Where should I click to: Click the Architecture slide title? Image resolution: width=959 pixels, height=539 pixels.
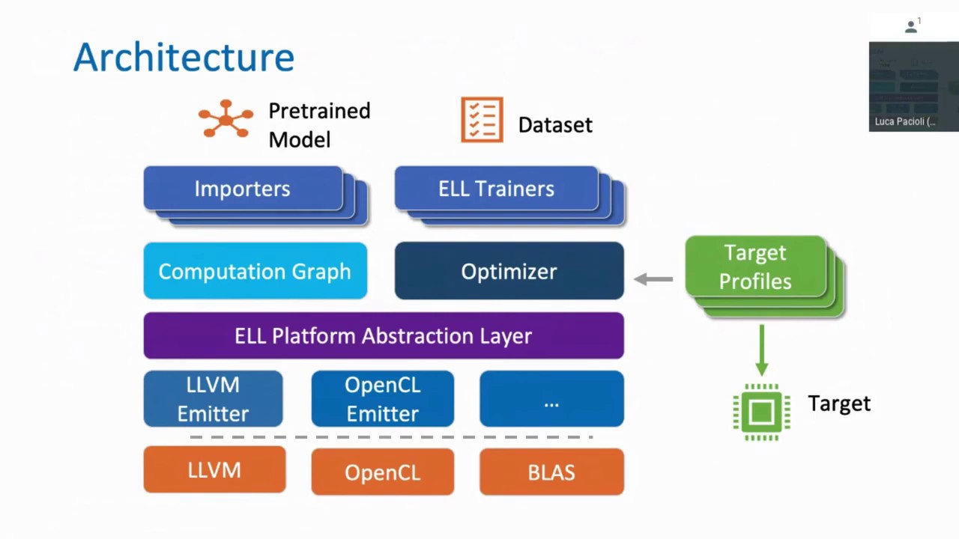tap(184, 58)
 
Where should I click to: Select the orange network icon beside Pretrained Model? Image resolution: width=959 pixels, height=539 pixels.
tap(226, 119)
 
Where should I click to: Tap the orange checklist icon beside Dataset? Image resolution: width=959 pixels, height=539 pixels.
tap(482, 120)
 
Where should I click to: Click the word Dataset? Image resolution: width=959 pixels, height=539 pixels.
tap(554, 125)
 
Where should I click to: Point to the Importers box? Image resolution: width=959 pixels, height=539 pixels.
tap(243, 189)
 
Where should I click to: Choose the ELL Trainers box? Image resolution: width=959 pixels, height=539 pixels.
tap(496, 189)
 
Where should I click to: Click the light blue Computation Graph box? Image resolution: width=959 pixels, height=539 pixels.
tap(255, 271)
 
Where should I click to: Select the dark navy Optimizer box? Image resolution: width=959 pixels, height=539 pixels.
tap(509, 271)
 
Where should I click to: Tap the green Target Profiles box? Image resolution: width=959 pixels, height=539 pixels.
tap(755, 267)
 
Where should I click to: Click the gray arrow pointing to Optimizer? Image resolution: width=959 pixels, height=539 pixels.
tap(653, 279)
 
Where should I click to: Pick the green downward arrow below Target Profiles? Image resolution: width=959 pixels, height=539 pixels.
tap(761, 350)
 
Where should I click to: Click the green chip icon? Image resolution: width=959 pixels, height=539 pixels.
tap(761, 412)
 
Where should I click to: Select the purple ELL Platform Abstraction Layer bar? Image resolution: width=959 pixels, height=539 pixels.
tap(383, 335)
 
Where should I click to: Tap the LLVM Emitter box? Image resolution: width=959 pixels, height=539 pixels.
tap(213, 399)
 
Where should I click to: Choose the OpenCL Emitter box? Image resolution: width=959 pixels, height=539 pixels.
tap(382, 399)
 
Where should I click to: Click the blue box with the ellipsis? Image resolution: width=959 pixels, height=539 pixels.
tap(551, 399)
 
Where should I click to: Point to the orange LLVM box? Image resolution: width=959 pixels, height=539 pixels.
tap(214, 470)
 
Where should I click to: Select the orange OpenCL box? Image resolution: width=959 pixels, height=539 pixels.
tap(382, 472)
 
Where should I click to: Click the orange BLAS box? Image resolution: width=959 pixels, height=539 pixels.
tap(551, 472)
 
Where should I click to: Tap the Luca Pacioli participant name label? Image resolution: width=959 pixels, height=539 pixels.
tap(904, 121)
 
